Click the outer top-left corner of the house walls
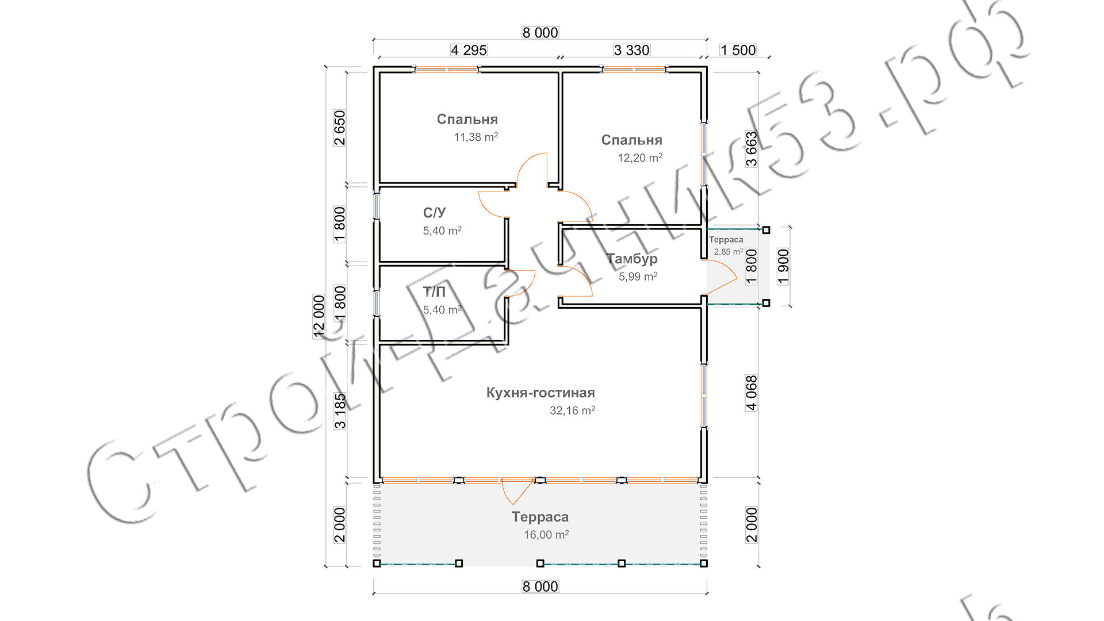click(x=374, y=67)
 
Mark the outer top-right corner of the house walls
click(x=707, y=67)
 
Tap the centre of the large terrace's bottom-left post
click(x=377, y=563)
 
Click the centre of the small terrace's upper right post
click(x=766, y=230)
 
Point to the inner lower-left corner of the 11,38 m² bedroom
click(x=380, y=182)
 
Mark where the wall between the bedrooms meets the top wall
click(x=560, y=70)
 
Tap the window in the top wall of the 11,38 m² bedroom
click(x=447, y=70)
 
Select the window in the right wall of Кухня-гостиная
click(x=704, y=396)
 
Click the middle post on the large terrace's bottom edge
click(x=540, y=563)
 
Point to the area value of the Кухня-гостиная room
click(x=572, y=411)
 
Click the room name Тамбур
click(x=632, y=259)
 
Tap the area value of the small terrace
click(x=729, y=252)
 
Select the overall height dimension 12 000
click(x=319, y=316)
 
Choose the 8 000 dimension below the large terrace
click(x=540, y=586)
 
